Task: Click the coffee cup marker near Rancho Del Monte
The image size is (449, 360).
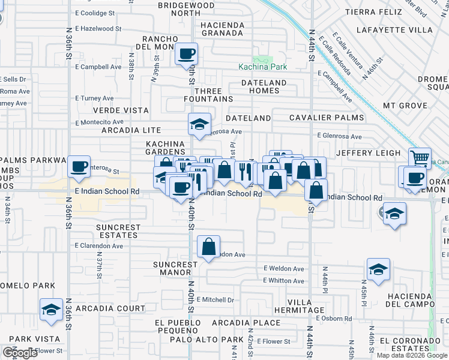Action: pos(186,54)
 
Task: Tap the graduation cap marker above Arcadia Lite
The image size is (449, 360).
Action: pos(199,124)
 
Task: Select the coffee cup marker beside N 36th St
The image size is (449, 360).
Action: pos(79,166)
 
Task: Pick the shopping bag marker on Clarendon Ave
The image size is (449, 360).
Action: pos(208,246)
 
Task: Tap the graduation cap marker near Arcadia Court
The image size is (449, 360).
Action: pos(52,310)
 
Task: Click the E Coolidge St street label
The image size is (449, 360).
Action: pos(95,13)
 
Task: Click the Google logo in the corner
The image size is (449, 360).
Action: pos(20,352)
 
